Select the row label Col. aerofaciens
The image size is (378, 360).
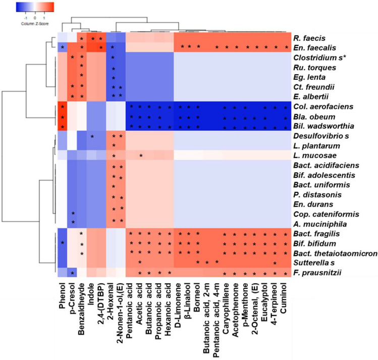(323, 108)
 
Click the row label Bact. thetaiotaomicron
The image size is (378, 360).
(335, 253)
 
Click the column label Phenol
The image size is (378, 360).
(62, 295)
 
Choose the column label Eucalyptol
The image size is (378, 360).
(266, 301)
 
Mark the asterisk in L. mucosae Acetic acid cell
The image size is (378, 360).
(140, 156)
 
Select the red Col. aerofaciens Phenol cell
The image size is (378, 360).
(62, 108)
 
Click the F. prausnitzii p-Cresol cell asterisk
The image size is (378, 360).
(73, 274)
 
